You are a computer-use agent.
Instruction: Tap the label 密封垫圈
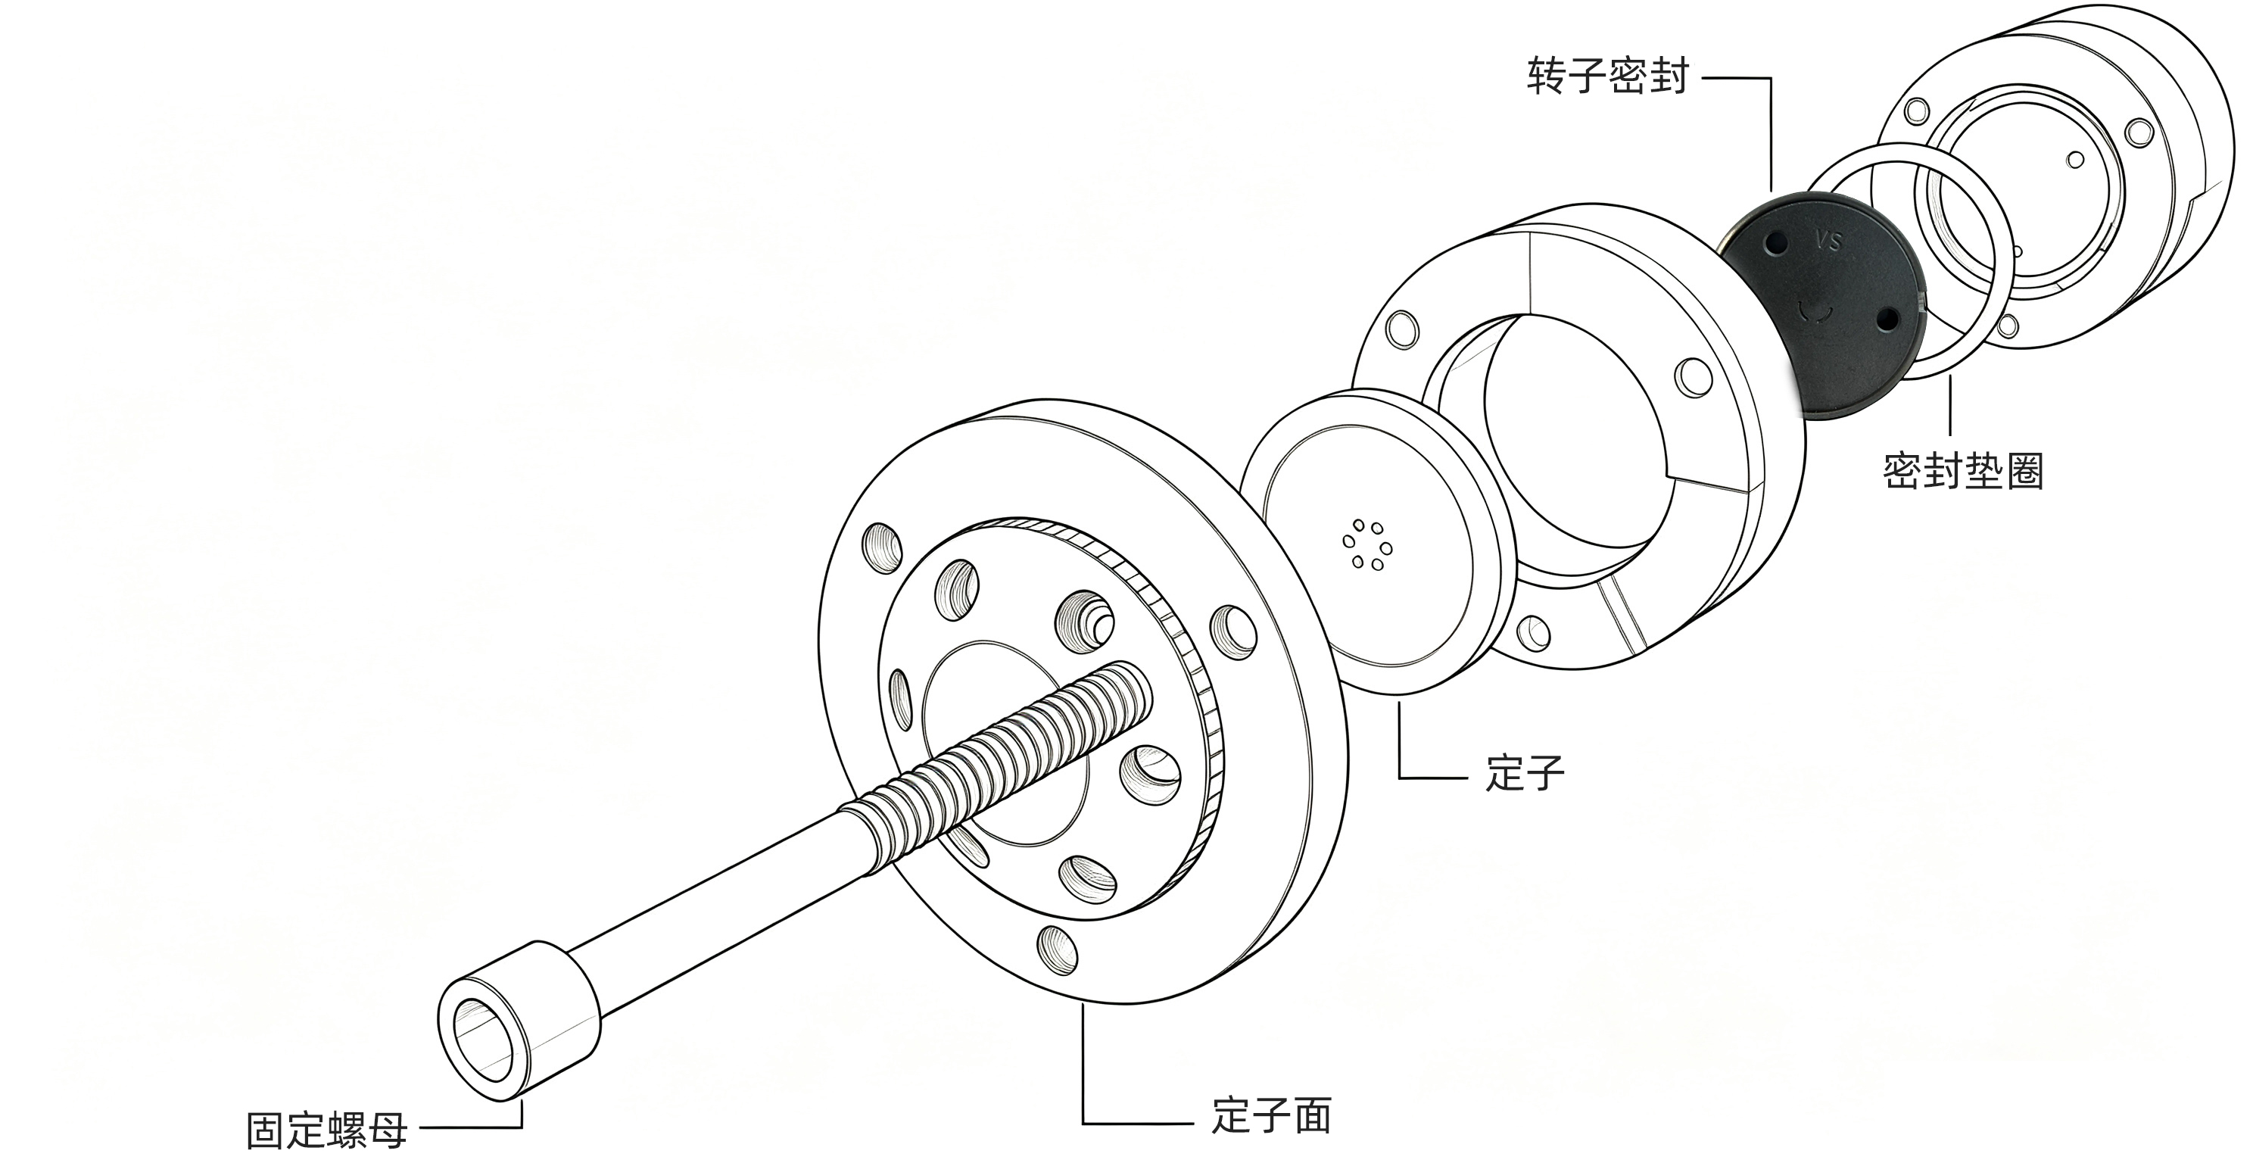(1962, 470)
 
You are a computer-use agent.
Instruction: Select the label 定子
(1525, 772)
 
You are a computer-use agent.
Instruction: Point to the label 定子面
(1271, 1116)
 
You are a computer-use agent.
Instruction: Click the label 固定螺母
(327, 1130)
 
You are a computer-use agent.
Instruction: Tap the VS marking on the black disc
(1828, 241)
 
